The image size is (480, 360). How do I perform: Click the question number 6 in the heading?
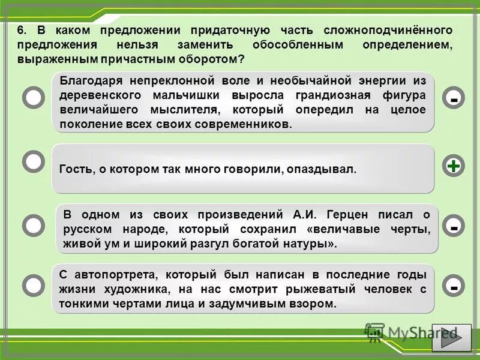[x=22, y=30]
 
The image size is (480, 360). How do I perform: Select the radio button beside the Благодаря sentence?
[x=34, y=97]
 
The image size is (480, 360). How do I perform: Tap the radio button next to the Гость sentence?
[x=34, y=161]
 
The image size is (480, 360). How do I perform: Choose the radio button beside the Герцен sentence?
[x=34, y=224]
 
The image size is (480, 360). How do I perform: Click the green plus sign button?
[x=454, y=166]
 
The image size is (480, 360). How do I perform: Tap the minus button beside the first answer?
[x=454, y=98]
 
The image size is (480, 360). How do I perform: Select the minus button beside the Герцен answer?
[x=454, y=226]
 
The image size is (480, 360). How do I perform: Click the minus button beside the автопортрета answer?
[x=454, y=287]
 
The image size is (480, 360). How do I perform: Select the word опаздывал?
[x=327, y=170]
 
